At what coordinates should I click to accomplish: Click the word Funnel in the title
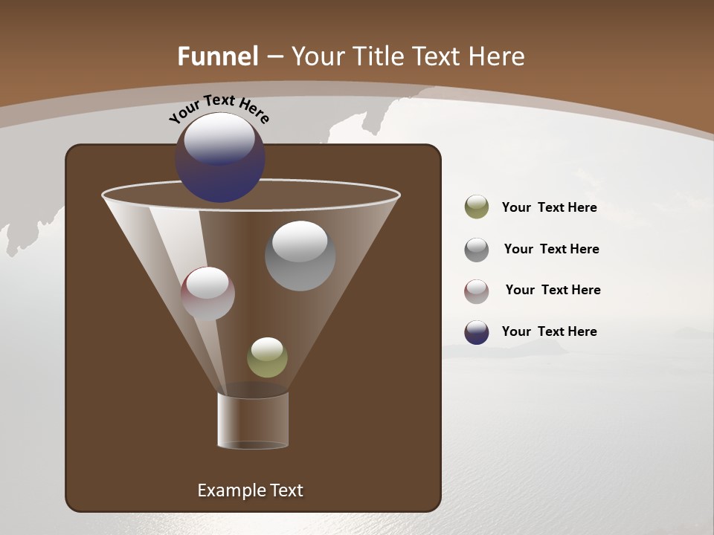coord(217,56)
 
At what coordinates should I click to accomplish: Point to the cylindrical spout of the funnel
coord(253,421)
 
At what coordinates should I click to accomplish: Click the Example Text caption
coord(250,490)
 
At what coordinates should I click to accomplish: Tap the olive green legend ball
coord(477,207)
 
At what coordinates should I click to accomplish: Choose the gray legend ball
coord(477,250)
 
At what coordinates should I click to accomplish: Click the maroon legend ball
coord(477,291)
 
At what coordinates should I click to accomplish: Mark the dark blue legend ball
coord(477,332)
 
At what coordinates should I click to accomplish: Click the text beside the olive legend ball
coord(549,207)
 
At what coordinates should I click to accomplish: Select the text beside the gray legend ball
coord(551,249)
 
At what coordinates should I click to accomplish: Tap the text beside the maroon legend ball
coord(553,290)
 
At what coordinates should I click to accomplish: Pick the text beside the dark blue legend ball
coord(549,331)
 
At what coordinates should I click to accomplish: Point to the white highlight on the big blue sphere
coord(219,138)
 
